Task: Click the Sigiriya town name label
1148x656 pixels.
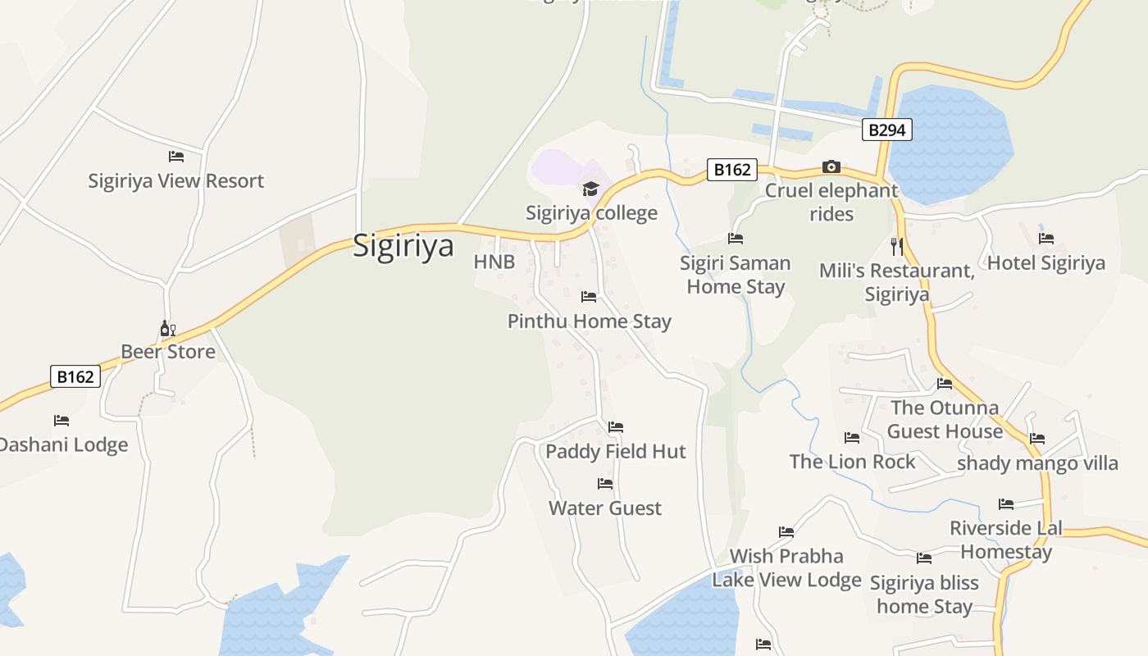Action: tap(403, 245)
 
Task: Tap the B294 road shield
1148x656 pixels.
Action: tap(886, 130)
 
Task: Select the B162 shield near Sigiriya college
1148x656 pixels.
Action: tap(731, 170)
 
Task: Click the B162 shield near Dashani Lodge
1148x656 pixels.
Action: tap(75, 376)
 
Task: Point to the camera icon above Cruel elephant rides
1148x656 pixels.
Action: tap(831, 167)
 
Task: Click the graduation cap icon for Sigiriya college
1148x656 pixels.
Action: tap(590, 189)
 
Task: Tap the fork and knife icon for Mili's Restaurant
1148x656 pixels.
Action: tap(897, 245)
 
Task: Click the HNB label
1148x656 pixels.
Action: tap(494, 262)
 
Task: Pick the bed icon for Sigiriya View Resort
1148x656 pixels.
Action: tap(176, 156)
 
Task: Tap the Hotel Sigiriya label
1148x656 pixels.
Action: tap(1045, 263)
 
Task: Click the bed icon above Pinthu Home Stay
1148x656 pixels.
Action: tap(589, 297)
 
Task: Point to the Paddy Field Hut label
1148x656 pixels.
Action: tap(615, 451)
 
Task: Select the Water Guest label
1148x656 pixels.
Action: tap(605, 508)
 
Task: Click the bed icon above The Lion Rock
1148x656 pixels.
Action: tap(852, 438)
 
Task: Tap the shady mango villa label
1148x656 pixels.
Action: tap(1037, 463)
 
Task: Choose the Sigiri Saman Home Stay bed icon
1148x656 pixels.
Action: tap(736, 239)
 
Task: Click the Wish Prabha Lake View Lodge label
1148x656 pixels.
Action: tap(786, 567)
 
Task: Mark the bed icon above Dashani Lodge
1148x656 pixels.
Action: tap(61, 421)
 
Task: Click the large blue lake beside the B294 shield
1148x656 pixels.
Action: tap(951, 143)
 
